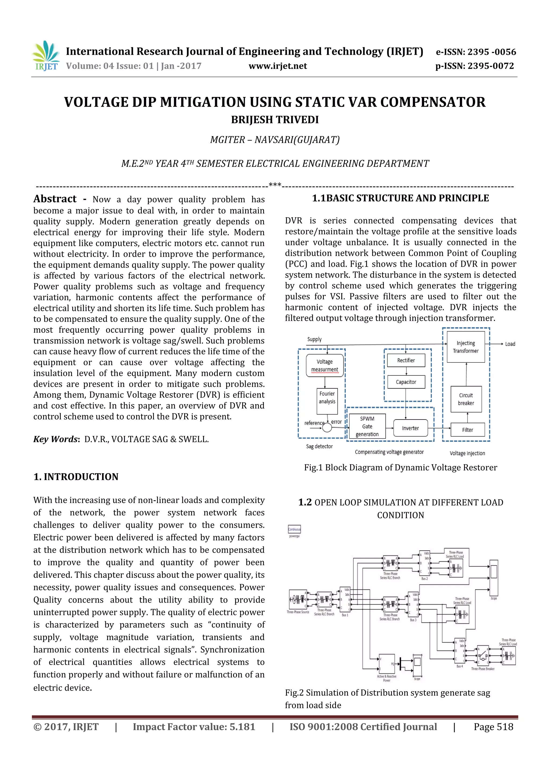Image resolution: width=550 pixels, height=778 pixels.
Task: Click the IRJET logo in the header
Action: pos(46,56)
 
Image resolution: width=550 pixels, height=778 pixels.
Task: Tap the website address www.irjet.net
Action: pos(277,66)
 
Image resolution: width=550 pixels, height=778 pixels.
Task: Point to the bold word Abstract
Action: pos(55,199)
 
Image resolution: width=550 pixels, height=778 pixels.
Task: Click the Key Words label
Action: pos(56,439)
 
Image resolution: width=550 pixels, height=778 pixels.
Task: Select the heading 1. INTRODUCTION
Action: pos(76,477)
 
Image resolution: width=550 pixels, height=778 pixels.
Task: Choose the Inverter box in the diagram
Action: pos(410,428)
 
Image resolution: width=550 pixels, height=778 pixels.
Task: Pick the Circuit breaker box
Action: pos(466,399)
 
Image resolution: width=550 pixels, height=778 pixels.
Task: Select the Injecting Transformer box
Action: pos(466,347)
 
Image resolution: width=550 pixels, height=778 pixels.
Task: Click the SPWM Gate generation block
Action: pos(367,426)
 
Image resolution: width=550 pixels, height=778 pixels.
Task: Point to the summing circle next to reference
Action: pos(327,428)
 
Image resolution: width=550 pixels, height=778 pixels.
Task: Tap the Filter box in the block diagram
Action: pos(467,430)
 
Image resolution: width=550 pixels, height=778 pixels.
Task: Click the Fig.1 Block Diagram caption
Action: pos(400,468)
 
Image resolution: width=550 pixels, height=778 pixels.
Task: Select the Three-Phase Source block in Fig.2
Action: pos(298,599)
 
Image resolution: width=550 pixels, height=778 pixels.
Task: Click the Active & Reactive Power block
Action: pos(387,664)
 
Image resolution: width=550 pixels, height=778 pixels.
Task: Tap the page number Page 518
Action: pos(493,727)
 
